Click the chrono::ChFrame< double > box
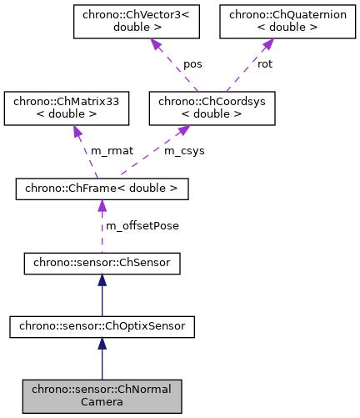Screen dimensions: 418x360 pos(102,189)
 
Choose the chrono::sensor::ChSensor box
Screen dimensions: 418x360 pos(102,264)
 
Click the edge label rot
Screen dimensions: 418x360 pos(265,63)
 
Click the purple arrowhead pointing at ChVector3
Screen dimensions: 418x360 pos(155,45)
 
